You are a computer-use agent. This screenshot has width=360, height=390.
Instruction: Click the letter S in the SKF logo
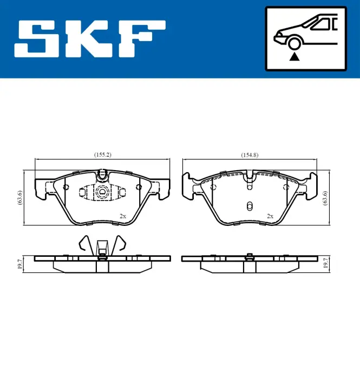pos(37,39)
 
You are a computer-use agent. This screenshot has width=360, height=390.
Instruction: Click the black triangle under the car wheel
pos(294,57)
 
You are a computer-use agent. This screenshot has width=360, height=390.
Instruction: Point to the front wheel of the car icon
pos(294,43)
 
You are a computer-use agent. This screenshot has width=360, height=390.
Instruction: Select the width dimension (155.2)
pos(103,155)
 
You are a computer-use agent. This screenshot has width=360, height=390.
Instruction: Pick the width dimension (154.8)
pos(250,155)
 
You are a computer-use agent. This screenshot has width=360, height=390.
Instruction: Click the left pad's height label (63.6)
pos(19,198)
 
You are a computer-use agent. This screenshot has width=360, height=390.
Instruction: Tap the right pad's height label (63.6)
pos(325,198)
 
